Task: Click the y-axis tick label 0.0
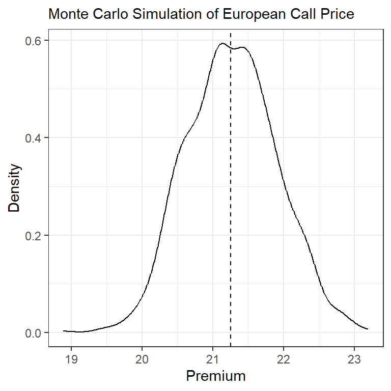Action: pos(34,333)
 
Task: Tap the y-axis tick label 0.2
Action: pos(34,235)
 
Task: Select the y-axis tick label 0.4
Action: pos(34,138)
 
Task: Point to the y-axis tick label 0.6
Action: pos(34,40)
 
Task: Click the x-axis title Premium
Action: pos(216,376)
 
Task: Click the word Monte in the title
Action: pos(66,15)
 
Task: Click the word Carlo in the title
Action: pos(104,15)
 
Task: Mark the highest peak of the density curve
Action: pos(222,43)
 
